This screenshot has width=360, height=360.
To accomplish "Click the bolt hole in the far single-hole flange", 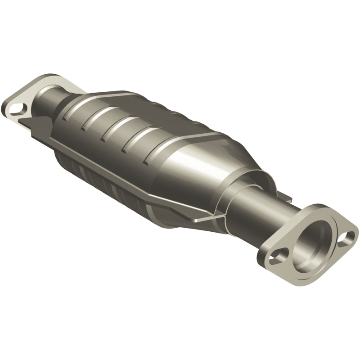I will pos(17,108).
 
